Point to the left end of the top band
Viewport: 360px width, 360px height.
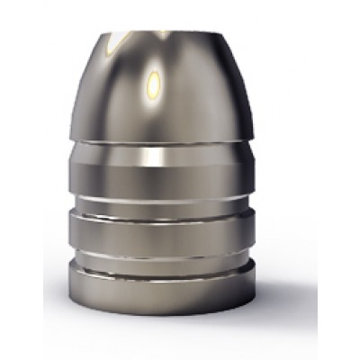click(86, 166)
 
